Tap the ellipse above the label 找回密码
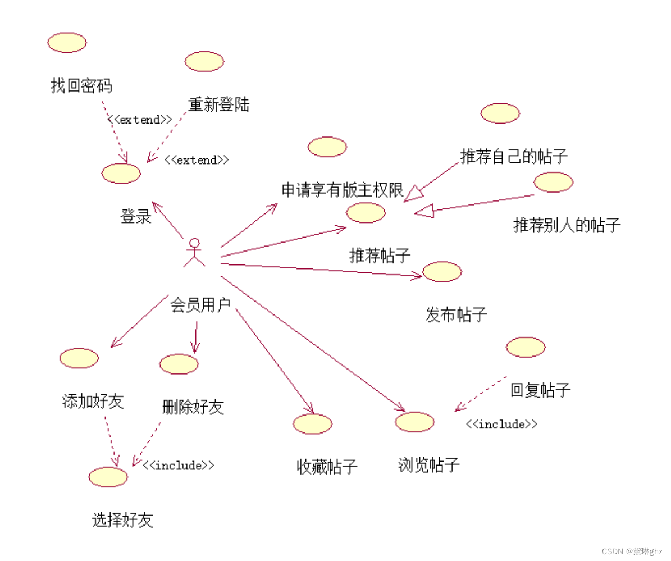point(67,43)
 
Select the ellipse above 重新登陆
point(204,61)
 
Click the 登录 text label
point(136,216)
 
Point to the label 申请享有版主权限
point(343,190)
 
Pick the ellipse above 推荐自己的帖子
point(500,113)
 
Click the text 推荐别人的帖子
point(567,225)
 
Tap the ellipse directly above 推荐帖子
point(366,213)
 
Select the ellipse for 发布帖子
point(442,272)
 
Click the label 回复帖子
point(540,390)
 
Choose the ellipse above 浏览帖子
point(414,422)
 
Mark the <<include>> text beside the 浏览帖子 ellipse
point(501,425)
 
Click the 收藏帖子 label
point(327,467)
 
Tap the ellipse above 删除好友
point(179,364)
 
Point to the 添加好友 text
point(93,402)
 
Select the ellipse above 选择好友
point(108,477)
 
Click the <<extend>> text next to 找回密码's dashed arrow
point(140,120)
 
